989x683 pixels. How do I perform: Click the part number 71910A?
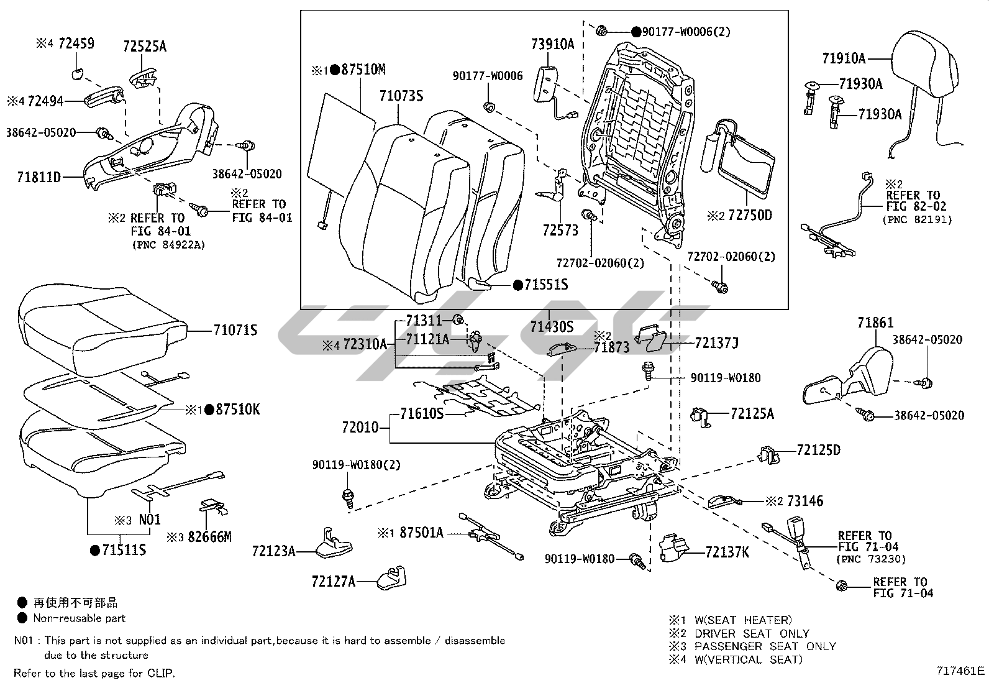tap(844, 58)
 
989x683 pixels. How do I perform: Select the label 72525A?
tap(145, 46)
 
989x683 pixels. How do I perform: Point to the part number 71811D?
tap(39, 178)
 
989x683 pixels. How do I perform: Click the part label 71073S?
tap(401, 96)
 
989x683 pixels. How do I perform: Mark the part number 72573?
tap(560, 231)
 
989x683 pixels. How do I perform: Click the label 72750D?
tap(749, 216)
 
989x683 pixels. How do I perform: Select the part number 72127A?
tap(334, 581)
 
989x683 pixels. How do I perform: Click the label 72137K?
tap(727, 552)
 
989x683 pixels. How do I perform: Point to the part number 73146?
tap(805, 501)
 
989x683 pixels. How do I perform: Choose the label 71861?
tap(875, 323)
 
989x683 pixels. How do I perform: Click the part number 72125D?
tap(818, 450)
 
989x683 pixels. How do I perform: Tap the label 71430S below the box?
tap(552, 326)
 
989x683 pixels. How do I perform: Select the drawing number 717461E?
tap(961, 671)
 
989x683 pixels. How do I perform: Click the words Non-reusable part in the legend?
tap(80, 618)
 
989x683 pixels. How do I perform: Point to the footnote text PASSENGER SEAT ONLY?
tap(765, 646)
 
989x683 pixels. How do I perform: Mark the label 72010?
tap(360, 428)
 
